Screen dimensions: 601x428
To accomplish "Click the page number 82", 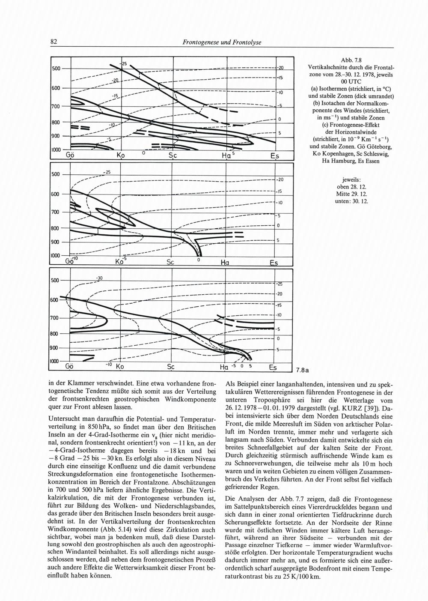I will tap(54, 42).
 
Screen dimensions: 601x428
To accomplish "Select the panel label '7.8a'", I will tap(303, 369).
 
